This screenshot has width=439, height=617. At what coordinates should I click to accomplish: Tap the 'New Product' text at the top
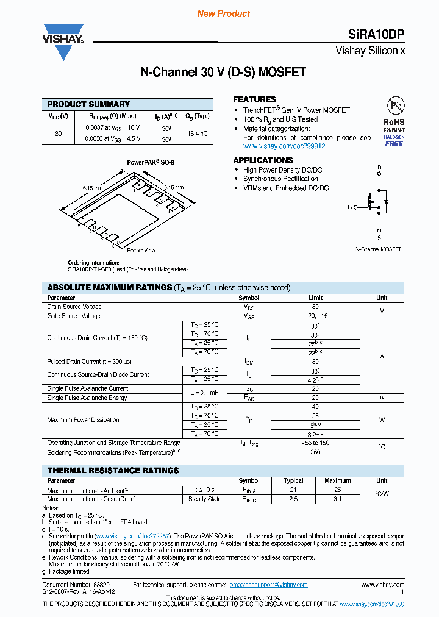pyautogui.click(x=223, y=13)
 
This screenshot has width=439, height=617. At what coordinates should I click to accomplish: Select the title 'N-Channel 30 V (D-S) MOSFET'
pyautogui.click(x=223, y=73)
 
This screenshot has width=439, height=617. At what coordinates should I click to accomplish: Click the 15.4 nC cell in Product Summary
pyautogui.click(x=197, y=133)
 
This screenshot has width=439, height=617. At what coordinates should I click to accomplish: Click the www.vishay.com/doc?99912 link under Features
pyautogui.click(x=284, y=146)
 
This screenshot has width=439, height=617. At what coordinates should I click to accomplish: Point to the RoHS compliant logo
pyautogui.click(x=394, y=121)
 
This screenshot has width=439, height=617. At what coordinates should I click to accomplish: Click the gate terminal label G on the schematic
pyautogui.click(x=350, y=207)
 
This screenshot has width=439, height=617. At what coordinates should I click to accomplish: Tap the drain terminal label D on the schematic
pyautogui.click(x=379, y=167)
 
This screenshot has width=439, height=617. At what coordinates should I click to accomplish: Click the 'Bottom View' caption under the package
pyautogui.click(x=141, y=251)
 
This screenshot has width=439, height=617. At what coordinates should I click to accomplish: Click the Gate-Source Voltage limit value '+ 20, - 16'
pyautogui.click(x=315, y=316)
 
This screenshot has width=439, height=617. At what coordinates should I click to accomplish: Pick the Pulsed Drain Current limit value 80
pyautogui.click(x=315, y=362)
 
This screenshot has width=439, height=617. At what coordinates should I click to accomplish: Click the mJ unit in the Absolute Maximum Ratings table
pyautogui.click(x=382, y=398)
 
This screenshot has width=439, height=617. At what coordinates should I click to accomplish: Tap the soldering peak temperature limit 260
pyautogui.click(x=315, y=452)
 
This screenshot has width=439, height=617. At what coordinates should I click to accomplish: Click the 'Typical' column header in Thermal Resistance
pyautogui.click(x=293, y=480)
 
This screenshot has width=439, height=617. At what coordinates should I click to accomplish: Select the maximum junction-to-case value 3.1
pyautogui.click(x=337, y=499)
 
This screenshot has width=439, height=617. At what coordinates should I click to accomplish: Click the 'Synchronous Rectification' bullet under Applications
pyautogui.click(x=280, y=179)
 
